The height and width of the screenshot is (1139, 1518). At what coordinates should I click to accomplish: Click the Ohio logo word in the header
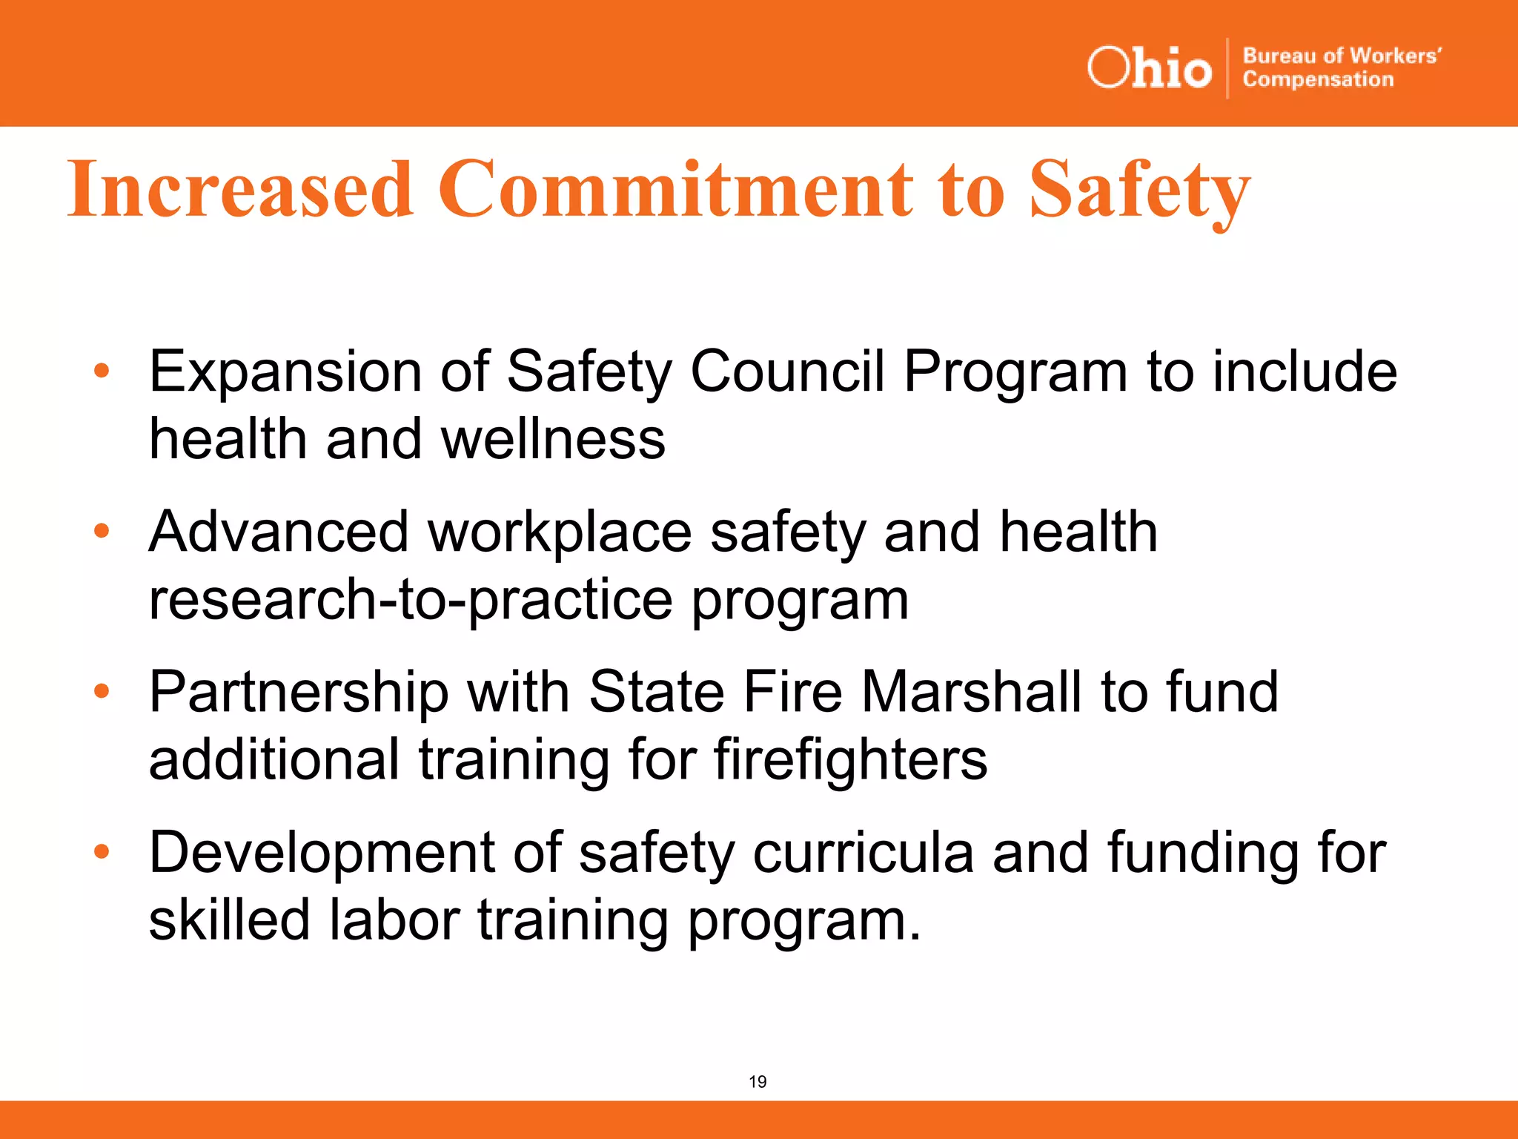point(1149,69)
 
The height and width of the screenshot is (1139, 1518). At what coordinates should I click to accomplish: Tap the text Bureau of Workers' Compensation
point(1342,67)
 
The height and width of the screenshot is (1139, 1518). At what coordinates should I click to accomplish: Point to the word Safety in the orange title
point(1139,191)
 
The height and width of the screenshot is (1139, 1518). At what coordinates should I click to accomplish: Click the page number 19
point(758,1082)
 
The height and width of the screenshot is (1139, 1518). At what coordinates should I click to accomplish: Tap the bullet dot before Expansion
point(102,370)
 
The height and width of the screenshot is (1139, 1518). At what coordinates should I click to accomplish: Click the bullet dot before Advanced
point(102,530)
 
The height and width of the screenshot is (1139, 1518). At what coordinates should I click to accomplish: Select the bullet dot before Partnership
point(102,691)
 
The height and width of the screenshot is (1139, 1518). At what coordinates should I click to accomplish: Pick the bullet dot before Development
point(102,851)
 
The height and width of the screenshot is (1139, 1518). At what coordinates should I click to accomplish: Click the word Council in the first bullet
point(787,371)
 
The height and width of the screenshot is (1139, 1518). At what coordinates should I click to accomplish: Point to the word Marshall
point(972,692)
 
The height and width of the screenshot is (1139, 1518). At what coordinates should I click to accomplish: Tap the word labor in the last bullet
point(394,920)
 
